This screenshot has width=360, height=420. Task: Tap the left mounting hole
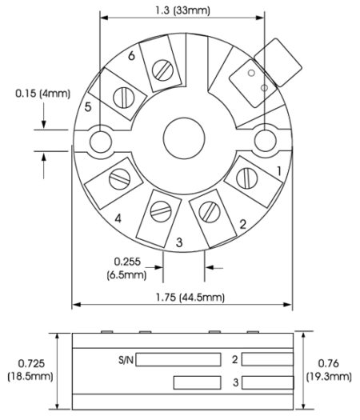point(101,142)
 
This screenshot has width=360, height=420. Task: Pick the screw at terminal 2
point(210,212)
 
